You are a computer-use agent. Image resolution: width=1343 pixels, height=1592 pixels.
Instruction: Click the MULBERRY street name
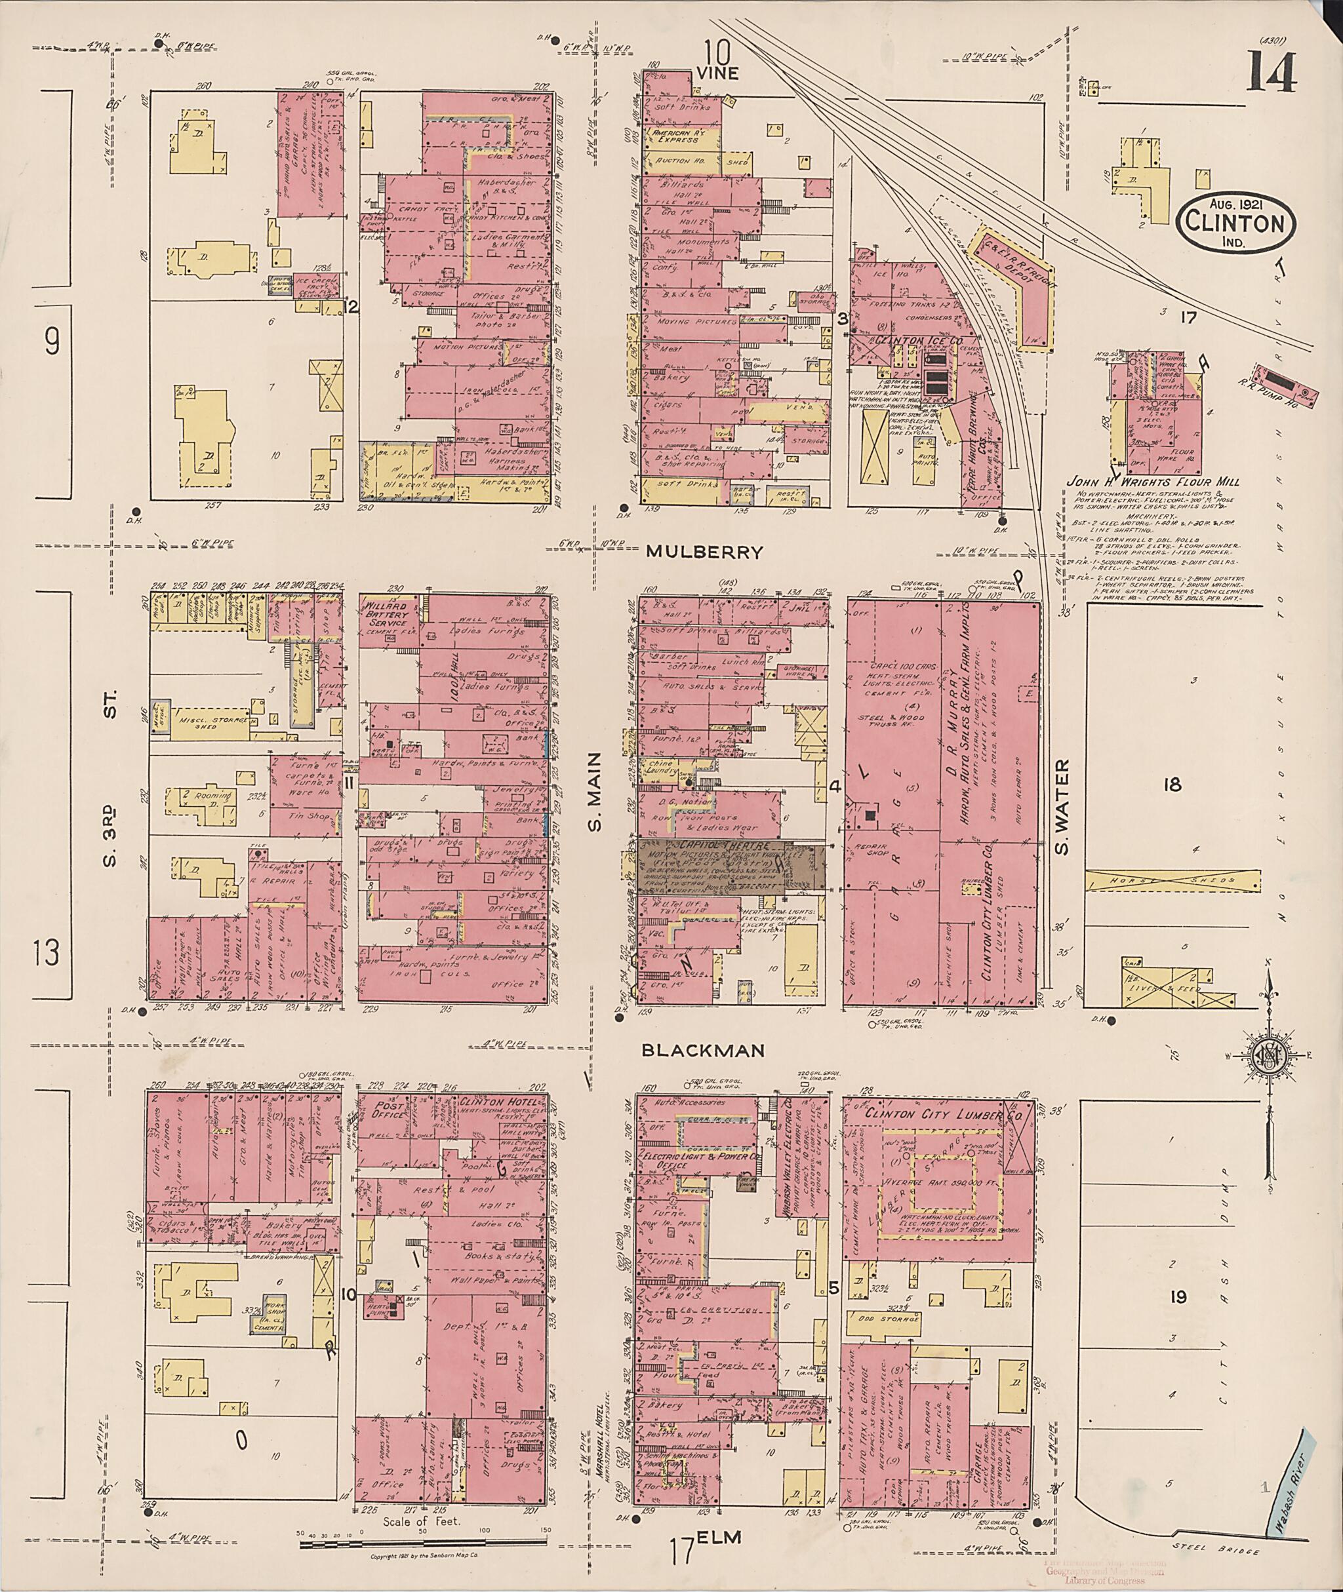coord(704,553)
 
